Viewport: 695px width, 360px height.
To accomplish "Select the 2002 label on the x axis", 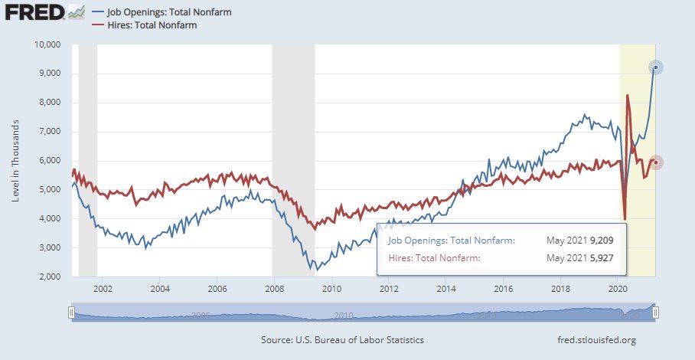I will pos(103,290).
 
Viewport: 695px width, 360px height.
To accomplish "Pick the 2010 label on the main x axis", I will pos(331,290).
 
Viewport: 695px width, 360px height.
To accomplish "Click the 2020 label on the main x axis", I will pos(617,290).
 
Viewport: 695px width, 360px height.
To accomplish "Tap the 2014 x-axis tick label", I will pos(445,290).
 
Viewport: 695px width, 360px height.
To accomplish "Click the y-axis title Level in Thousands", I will pos(16,161).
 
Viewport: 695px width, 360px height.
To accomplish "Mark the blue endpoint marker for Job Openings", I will pos(656,67).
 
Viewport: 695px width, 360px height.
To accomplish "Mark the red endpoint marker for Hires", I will pos(656,162).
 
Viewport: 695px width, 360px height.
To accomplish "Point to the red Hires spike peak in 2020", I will pos(628,96).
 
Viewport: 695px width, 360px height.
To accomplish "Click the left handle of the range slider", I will pos(71,313).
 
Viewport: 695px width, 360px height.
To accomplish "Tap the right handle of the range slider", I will pos(655,313).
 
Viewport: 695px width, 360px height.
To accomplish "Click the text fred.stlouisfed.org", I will pos(598,339).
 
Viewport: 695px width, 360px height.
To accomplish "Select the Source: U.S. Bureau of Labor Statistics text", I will pos(342,339).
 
